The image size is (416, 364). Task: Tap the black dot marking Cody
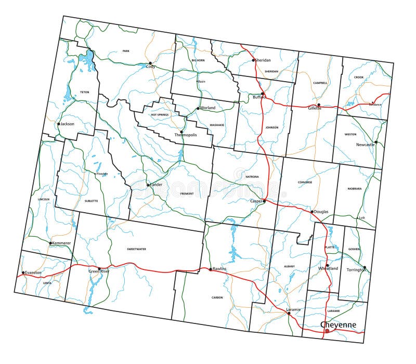pyautogui.click(x=150, y=63)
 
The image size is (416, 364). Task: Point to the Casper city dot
pyautogui.click(x=264, y=201)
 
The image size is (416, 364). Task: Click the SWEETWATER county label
pyautogui.click(x=136, y=249)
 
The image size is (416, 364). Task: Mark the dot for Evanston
pyautogui.click(x=23, y=272)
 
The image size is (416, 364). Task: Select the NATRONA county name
pyautogui.click(x=252, y=177)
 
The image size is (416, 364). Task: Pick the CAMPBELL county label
pyautogui.click(x=320, y=83)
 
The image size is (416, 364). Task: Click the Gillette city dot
pyautogui.click(x=319, y=105)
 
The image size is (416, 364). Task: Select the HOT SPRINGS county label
pyautogui.click(x=160, y=115)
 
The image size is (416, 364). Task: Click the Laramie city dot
pyautogui.click(x=289, y=313)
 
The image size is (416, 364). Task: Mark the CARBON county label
pyautogui.click(x=217, y=297)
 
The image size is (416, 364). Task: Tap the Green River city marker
pyautogui.click(x=99, y=269)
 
